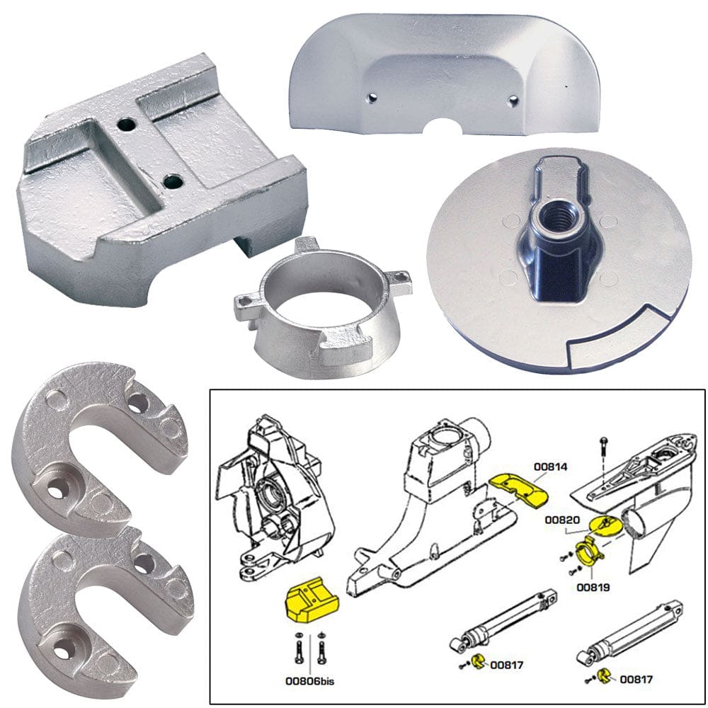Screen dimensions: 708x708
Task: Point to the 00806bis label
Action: [309, 682]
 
